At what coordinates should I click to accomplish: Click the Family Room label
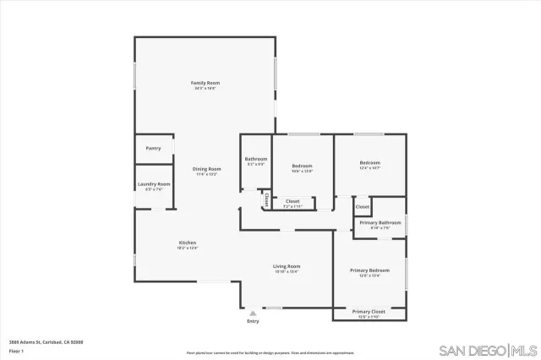(206, 83)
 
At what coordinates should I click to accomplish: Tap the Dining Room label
(206, 169)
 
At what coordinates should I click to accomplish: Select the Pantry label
(153, 148)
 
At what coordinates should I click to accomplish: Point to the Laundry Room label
(153, 184)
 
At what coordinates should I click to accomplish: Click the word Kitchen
(187, 243)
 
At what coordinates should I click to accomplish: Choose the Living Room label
(287, 266)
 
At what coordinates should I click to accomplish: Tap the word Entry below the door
(253, 321)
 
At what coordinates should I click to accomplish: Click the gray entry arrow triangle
(253, 313)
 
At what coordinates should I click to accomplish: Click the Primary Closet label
(369, 312)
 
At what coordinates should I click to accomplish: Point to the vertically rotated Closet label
(266, 201)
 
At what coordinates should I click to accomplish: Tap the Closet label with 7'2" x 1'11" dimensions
(292, 201)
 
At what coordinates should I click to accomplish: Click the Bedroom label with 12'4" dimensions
(369, 162)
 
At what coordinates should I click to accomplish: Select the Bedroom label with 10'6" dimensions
(303, 166)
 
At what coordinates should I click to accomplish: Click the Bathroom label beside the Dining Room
(256, 159)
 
